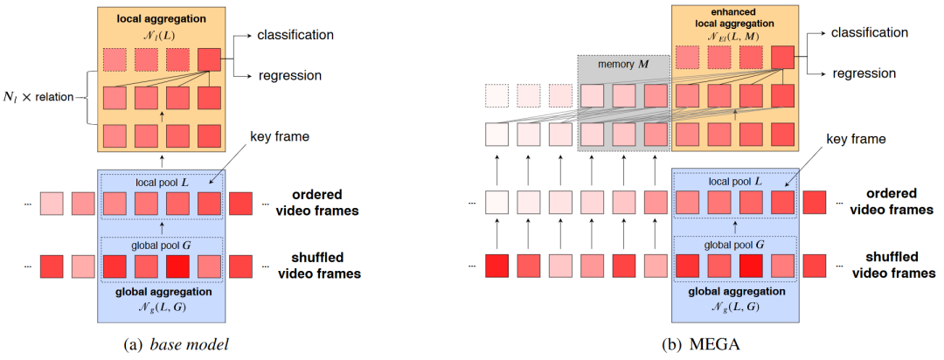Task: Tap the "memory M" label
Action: (623, 65)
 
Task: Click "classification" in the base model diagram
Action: (295, 35)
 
